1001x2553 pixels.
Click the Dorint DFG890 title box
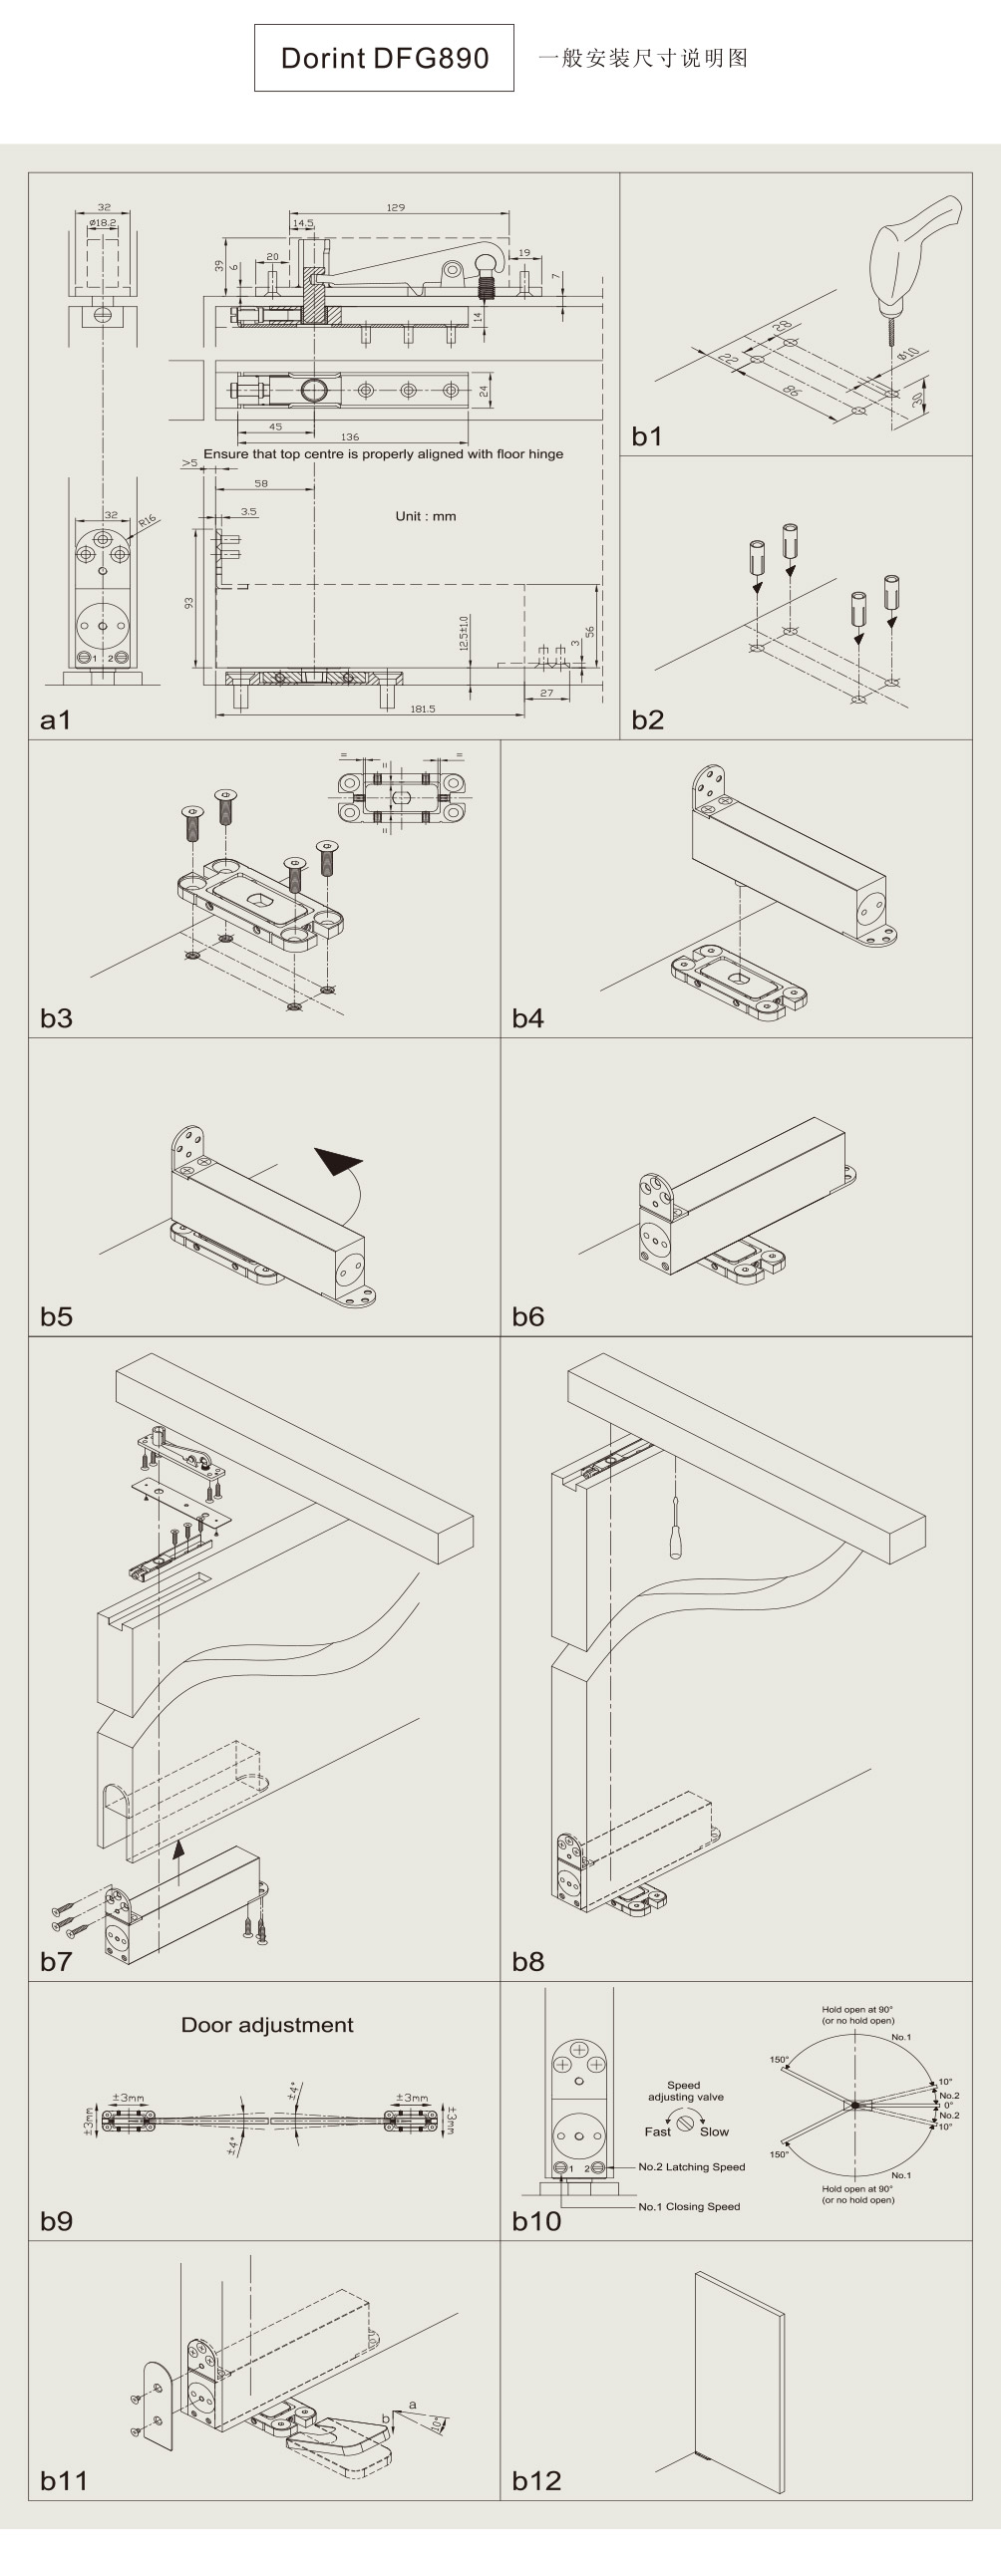tap(384, 58)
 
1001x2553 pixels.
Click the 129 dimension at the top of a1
tap(396, 207)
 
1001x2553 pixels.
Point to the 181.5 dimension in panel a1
tap(423, 709)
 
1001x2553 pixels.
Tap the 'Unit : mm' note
tap(426, 516)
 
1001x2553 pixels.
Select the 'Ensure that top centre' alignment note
tap(383, 454)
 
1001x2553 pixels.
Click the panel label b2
tap(647, 719)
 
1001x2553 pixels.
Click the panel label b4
tap(527, 1017)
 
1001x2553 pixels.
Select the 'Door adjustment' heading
tap(267, 2025)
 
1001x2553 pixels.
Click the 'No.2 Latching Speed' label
tap(691, 2166)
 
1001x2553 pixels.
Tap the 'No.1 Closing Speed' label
tap(689, 2206)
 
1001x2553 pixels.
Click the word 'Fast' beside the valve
tap(657, 2131)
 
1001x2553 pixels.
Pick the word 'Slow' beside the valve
tap(714, 2131)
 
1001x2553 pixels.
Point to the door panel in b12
tap(741, 2375)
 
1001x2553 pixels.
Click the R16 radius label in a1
tap(148, 520)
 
